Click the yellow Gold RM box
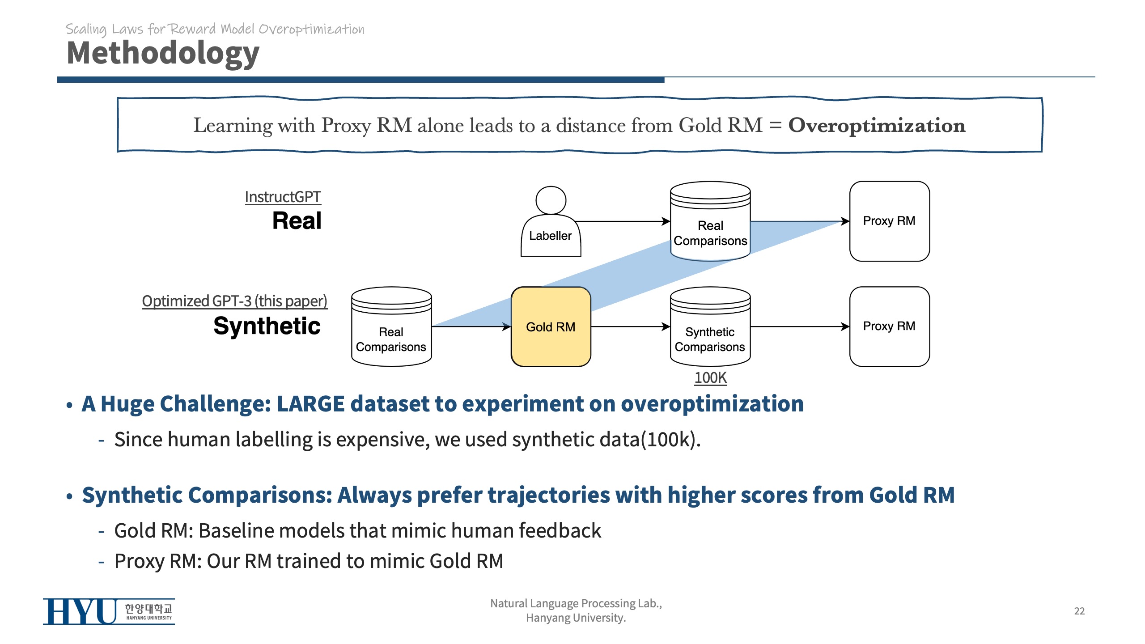tap(551, 326)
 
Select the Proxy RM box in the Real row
tap(889, 221)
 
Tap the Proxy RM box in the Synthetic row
tap(889, 326)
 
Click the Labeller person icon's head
tap(551, 200)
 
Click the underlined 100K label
tap(710, 378)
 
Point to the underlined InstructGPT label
tap(283, 197)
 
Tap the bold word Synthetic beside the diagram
tap(267, 326)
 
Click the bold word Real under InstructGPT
tap(297, 220)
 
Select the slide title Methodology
tap(163, 53)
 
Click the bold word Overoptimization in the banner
tap(877, 125)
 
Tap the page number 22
tap(1079, 611)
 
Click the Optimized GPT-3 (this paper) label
tap(234, 301)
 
